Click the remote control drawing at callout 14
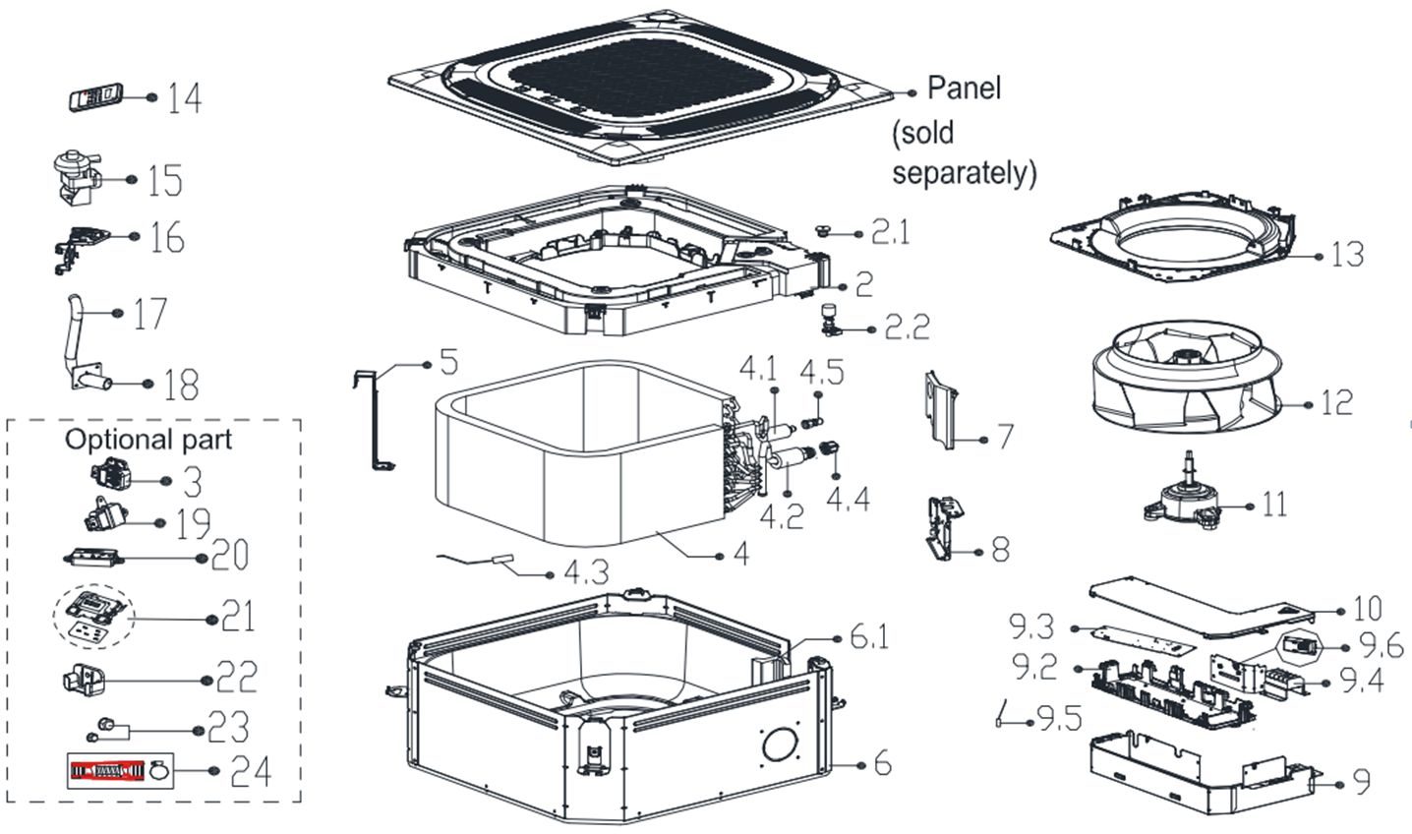(95, 97)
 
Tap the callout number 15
(165, 180)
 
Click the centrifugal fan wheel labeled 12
(1187, 377)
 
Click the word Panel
(964, 88)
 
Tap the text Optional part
(148, 440)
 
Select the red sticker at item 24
(107, 770)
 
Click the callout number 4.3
(586, 573)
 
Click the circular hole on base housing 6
(781, 745)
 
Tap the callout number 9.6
(1381, 646)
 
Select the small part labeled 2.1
(823, 230)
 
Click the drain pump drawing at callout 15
(76, 178)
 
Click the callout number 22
(237, 677)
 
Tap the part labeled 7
(941, 410)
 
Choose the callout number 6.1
(869, 636)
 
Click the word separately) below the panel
(965, 173)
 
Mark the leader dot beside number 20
(202, 558)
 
